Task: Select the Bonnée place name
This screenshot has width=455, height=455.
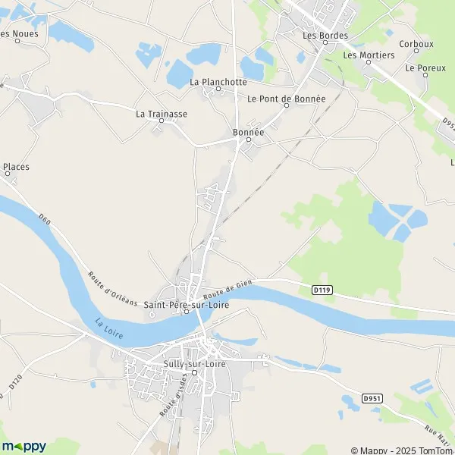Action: click(x=248, y=132)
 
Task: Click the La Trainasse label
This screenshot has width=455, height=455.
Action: click(x=161, y=114)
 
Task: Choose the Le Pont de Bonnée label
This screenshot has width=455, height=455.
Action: click(x=286, y=99)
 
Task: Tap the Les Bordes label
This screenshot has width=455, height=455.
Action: click(x=325, y=35)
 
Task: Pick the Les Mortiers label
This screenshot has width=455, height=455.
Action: click(x=369, y=55)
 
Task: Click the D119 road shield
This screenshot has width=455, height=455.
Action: click(x=322, y=289)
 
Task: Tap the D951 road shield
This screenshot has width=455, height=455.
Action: click(x=371, y=398)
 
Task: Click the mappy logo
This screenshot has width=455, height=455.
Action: click(x=24, y=446)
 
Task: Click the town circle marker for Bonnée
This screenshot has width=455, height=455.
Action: click(x=248, y=140)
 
